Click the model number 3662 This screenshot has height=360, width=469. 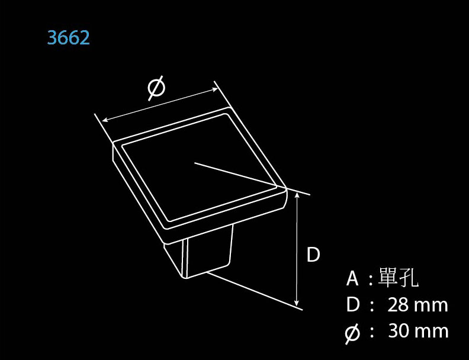tap(69, 38)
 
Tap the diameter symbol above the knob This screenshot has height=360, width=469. tap(156, 88)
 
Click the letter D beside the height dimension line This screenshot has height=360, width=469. tap(313, 255)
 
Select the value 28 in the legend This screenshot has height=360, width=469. tap(398, 306)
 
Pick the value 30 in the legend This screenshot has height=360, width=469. tap(399, 331)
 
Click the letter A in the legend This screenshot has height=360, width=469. tap(352, 278)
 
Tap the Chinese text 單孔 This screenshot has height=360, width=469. tap(397, 278)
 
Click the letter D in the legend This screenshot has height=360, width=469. tap(353, 306)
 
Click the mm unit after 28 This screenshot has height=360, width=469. tap(431, 306)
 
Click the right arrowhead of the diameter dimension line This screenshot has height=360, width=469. tap(217, 90)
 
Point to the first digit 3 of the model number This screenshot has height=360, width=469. tap(52, 38)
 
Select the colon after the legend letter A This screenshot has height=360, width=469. tap(371, 279)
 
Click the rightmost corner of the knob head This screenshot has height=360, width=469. tap(286, 189)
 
